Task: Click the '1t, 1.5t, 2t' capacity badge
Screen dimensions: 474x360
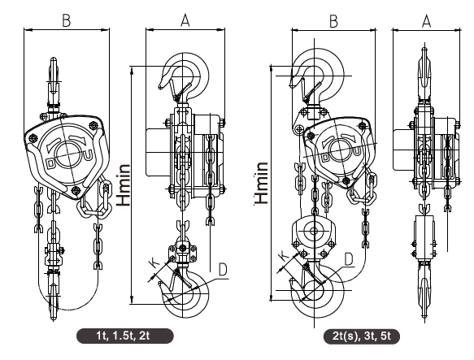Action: [125, 336]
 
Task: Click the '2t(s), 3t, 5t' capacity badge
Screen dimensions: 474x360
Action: [362, 336]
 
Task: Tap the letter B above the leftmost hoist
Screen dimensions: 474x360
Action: [66, 21]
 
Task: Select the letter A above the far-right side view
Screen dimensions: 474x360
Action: [426, 21]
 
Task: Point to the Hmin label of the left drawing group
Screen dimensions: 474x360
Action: [124, 185]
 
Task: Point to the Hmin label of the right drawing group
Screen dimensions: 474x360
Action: [262, 183]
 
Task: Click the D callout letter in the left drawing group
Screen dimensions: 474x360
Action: [223, 270]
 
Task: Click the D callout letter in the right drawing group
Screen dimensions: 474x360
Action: [349, 259]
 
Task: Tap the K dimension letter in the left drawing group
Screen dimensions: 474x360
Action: [155, 263]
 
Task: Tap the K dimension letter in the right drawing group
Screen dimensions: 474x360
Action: [285, 256]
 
